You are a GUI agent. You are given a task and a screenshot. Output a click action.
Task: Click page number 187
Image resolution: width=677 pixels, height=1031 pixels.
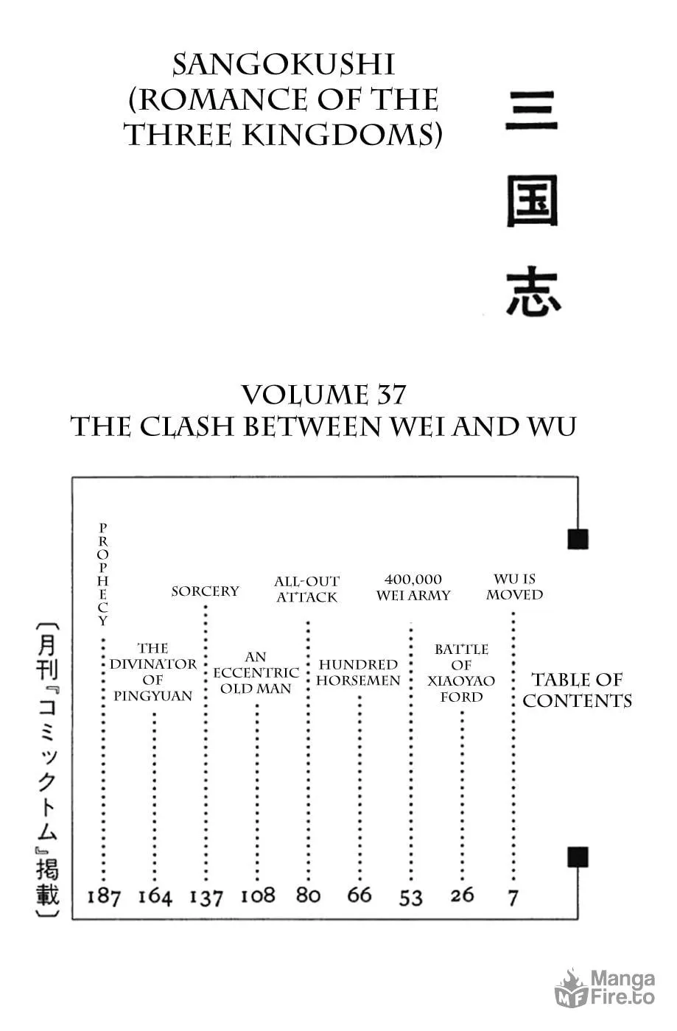(x=104, y=897)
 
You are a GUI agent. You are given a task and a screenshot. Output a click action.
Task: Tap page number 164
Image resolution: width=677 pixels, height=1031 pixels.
(x=155, y=897)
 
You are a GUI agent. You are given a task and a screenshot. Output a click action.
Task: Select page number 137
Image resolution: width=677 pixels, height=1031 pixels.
(x=206, y=897)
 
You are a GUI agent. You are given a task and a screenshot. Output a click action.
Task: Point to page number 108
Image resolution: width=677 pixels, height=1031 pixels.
(x=258, y=895)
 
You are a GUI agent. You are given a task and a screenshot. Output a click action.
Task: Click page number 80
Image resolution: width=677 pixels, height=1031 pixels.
(x=308, y=895)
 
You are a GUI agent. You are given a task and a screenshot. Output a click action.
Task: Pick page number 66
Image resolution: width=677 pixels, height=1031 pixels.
(x=359, y=895)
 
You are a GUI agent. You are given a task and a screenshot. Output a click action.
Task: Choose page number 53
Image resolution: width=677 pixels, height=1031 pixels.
(x=410, y=897)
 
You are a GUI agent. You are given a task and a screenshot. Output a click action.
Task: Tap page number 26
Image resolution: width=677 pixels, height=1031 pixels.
(x=462, y=895)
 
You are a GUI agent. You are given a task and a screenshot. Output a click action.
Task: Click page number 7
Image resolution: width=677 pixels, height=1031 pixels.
(x=513, y=897)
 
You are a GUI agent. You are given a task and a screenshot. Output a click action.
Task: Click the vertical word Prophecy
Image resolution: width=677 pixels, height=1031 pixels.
(x=102, y=574)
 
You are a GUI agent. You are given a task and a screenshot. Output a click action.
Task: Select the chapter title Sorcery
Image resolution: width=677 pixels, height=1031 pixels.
(x=206, y=591)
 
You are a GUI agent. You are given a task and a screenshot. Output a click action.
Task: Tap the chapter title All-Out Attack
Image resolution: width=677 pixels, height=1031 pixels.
(x=306, y=589)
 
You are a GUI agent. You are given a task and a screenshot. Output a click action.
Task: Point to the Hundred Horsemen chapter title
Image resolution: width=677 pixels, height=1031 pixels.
(x=358, y=672)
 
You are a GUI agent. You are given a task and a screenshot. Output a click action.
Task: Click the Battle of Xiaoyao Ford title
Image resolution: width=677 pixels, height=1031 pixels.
(x=461, y=673)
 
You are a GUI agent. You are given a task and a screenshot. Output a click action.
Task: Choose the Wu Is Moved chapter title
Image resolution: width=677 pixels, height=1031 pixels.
(x=514, y=587)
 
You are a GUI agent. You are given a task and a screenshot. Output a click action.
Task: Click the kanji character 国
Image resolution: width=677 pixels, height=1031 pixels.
(x=533, y=200)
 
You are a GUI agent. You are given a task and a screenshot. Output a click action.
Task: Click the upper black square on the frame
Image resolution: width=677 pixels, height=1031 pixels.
(x=578, y=539)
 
